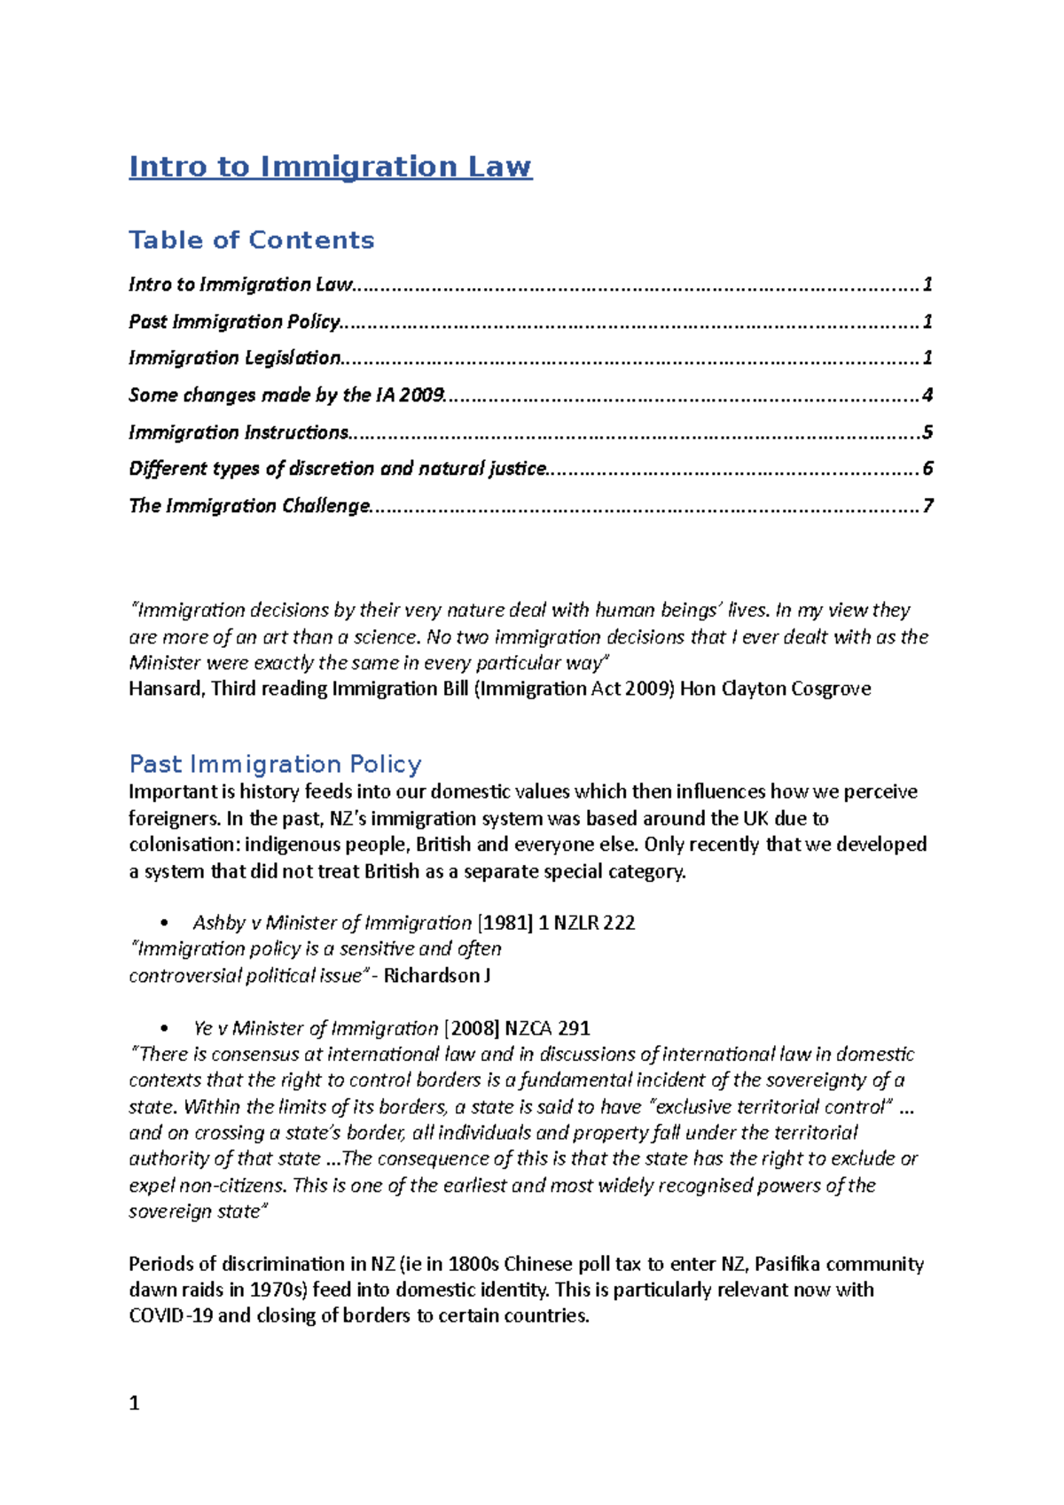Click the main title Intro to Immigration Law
[x=330, y=167]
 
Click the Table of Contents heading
[x=251, y=240]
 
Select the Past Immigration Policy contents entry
[x=234, y=322]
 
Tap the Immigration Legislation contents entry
[x=234, y=358]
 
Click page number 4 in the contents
[x=927, y=395]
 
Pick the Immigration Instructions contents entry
[x=239, y=433]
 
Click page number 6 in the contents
[x=927, y=469]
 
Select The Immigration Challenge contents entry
[x=249, y=506]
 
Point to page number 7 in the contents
[x=927, y=506]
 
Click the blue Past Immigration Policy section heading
[x=275, y=764]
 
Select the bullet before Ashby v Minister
[x=166, y=924]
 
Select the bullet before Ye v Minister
[x=166, y=1029]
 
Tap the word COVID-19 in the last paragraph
[x=171, y=1316]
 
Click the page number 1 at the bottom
[x=134, y=1403]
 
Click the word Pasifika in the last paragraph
[x=786, y=1264]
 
